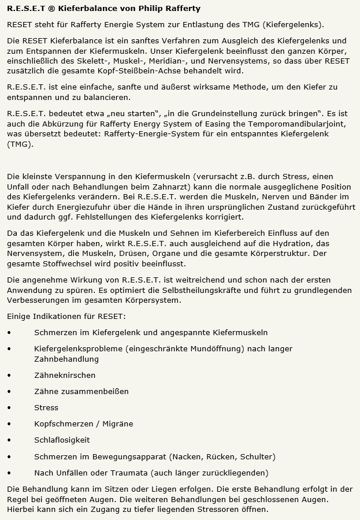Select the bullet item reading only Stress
click(x=46, y=407)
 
